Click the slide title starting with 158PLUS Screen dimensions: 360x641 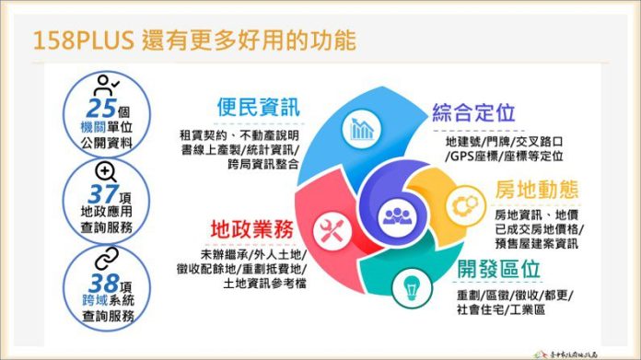193,41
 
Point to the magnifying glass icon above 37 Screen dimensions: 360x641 105,171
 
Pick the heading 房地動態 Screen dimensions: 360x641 537,190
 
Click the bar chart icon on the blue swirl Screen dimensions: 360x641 362,128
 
